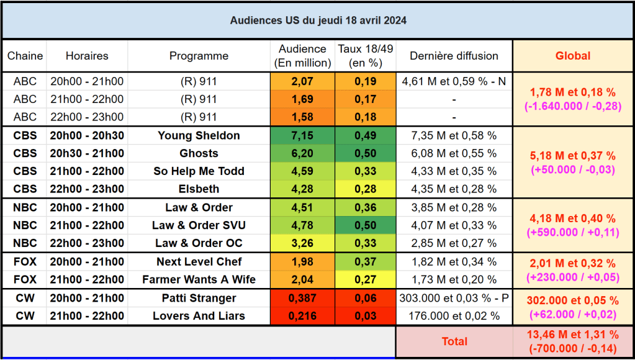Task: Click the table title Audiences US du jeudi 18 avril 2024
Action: [318, 20]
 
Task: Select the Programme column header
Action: [199, 56]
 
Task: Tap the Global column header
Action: [573, 56]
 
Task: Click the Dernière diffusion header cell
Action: [454, 56]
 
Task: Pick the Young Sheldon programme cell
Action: [199, 135]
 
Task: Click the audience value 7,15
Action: [302, 135]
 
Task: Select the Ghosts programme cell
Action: [199, 153]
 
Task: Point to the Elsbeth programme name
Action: [199, 189]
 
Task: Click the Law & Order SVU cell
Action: [199, 225]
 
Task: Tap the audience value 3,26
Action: [302, 243]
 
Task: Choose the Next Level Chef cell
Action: [199, 261]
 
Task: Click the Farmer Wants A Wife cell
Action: [199, 279]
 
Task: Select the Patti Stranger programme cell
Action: [199, 298]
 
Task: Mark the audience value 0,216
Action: [302, 316]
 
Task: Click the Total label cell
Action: [454, 341]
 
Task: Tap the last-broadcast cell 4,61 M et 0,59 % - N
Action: [454, 81]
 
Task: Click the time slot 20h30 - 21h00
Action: [86, 153]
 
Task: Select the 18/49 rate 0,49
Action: [365, 135]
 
